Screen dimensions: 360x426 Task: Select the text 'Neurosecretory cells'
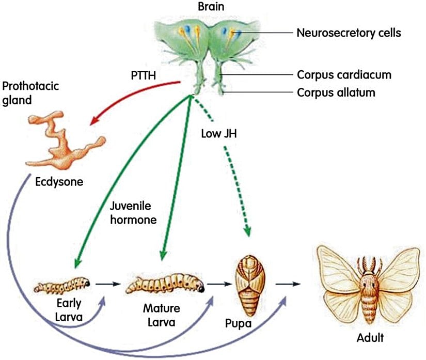(x=349, y=34)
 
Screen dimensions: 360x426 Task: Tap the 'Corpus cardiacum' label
(x=344, y=75)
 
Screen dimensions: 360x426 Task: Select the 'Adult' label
(x=370, y=339)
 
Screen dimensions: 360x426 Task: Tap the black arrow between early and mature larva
(x=108, y=284)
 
